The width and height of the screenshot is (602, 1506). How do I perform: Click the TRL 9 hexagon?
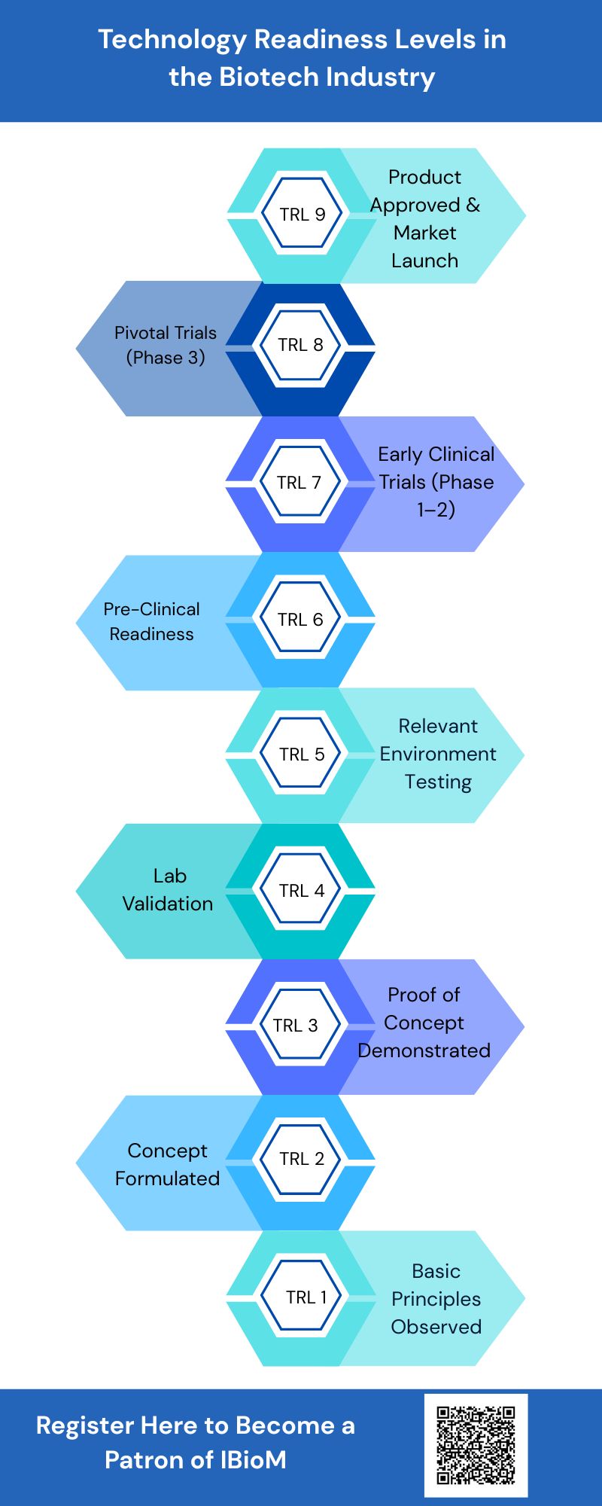click(x=302, y=215)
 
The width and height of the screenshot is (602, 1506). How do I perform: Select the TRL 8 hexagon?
click(x=300, y=346)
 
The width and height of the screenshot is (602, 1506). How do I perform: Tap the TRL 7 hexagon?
click(x=299, y=483)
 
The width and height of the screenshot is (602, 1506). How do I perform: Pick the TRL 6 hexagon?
click(x=300, y=620)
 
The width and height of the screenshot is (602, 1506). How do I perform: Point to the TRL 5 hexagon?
click(x=301, y=755)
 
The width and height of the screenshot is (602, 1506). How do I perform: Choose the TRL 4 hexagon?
click(x=301, y=891)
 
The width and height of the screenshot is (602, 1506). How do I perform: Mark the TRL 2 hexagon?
click(x=301, y=1159)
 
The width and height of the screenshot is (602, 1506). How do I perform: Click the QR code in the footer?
click(x=476, y=1445)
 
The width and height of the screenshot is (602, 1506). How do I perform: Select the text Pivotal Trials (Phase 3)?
click(x=166, y=345)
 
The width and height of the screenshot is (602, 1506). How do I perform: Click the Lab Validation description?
click(x=168, y=889)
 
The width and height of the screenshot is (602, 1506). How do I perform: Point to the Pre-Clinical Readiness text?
click(x=152, y=621)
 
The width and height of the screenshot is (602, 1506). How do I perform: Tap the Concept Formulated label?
click(x=167, y=1164)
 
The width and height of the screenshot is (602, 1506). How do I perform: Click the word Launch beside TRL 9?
click(x=424, y=261)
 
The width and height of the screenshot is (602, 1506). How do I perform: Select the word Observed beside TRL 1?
click(x=436, y=1327)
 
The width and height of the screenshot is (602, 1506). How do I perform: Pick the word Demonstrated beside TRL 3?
click(x=424, y=1050)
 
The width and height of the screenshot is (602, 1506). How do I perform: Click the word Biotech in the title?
click(x=269, y=77)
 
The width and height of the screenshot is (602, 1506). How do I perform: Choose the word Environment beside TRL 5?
click(x=438, y=754)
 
